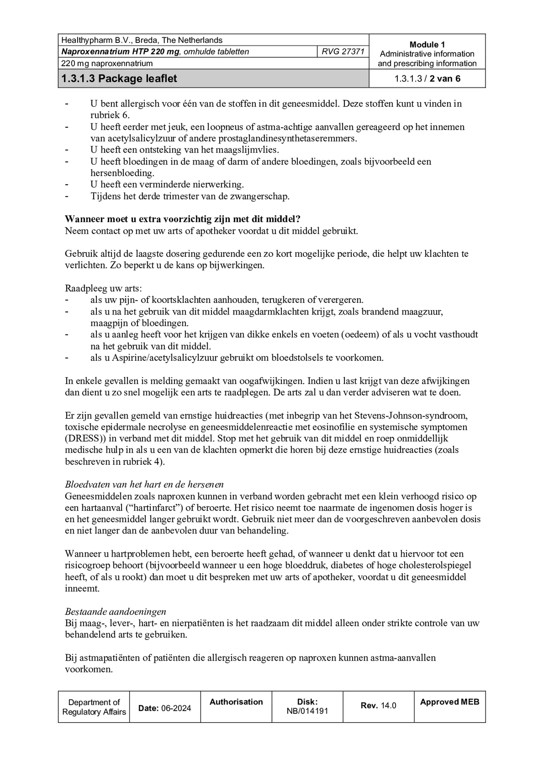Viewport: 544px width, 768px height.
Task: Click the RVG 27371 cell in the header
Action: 343,52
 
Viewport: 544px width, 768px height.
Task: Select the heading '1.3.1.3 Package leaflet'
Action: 119,79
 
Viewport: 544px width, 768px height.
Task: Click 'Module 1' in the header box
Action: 427,45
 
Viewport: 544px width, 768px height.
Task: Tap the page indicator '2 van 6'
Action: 445,79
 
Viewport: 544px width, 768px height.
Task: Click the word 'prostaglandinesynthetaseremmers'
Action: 287,139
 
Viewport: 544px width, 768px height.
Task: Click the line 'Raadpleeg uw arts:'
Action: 103,289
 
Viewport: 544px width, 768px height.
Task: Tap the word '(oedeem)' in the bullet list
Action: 360,335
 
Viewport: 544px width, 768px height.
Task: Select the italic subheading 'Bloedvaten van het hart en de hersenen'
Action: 144,485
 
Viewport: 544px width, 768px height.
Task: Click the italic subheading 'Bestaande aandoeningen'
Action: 115,612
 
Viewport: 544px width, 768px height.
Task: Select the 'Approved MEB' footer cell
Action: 449,702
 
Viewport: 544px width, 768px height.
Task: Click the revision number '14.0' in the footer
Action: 388,706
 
